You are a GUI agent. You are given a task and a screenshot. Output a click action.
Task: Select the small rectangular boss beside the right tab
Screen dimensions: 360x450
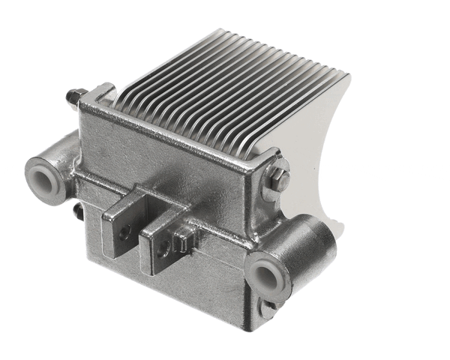(181, 239)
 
